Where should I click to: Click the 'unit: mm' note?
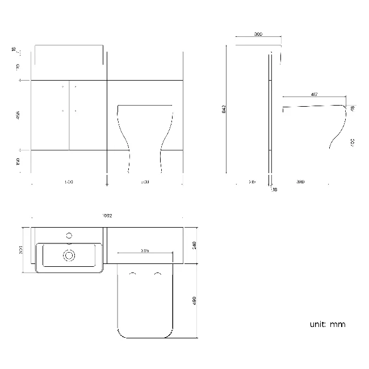click(327, 324)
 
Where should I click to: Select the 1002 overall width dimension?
click(107, 216)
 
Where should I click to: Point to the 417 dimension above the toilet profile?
click(314, 94)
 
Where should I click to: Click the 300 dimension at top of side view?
click(258, 35)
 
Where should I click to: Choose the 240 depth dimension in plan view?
click(194, 245)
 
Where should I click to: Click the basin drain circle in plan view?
click(69, 255)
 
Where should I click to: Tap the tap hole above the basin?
click(69, 234)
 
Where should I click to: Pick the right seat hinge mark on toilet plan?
click(156, 274)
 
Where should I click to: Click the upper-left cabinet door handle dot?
click(62, 86)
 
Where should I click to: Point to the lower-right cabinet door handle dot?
click(76, 111)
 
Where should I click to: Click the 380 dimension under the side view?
click(300, 182)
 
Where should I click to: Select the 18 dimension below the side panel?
click(275, 190)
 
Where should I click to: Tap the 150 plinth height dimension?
click(18, 162)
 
